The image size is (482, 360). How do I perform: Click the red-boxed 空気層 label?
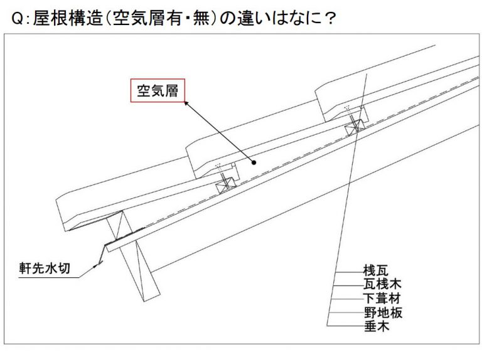pos(158,90)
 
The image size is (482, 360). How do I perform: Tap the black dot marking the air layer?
pos(254,163)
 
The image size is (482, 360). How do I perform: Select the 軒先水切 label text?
pos(45,268)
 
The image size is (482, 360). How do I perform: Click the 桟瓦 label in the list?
pos(376,270)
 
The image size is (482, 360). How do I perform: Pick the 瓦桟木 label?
pos(382,284)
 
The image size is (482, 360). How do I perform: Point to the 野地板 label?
pos(383,313)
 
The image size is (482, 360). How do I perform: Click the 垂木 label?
pos(377,326)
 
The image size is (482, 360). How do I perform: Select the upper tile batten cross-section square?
pos(355,127)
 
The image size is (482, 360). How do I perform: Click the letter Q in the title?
pos(17,19)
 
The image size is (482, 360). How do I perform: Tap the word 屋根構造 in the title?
pos(68,18)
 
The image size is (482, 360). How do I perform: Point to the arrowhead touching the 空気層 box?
pos(186,103)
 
